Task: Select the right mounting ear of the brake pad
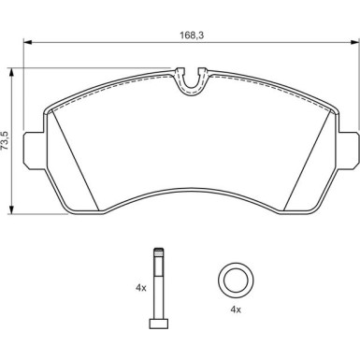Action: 351,148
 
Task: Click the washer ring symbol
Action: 234,281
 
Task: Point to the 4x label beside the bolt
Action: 141,289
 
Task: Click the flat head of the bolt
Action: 157,324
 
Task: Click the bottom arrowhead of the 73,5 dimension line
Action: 10,210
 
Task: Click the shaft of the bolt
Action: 157,290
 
